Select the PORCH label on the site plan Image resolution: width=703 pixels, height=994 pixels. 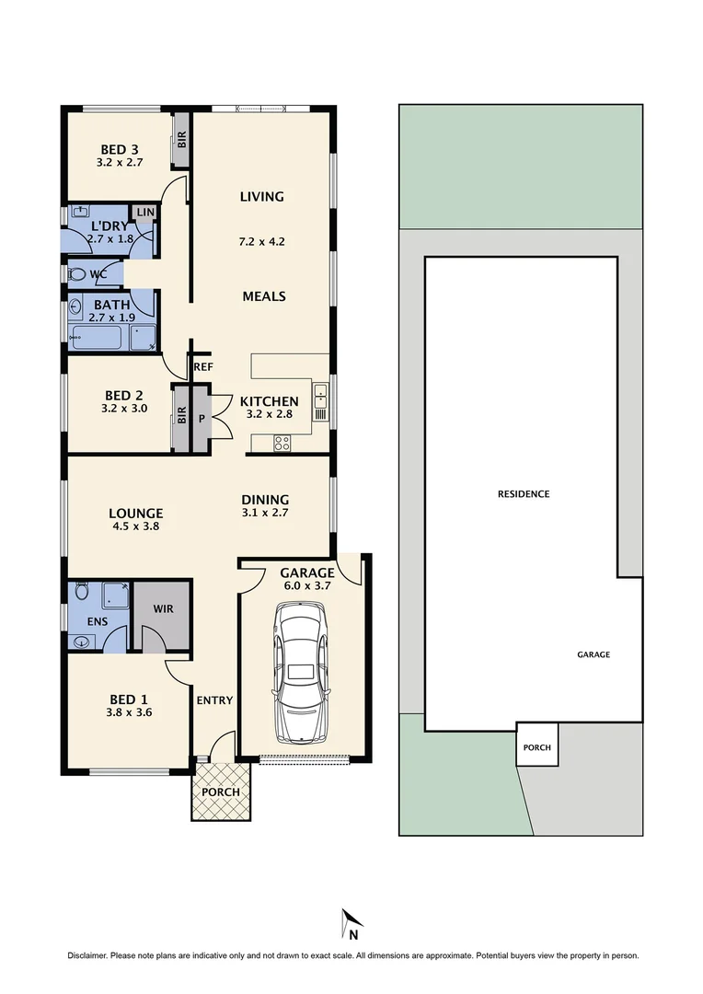pyautogui.click(x=537, y=747)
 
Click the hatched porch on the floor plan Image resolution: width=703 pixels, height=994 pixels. pyautogui.click(x=220, y=791)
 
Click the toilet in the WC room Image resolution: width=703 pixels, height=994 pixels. pyautogui.click(x=78, y=273)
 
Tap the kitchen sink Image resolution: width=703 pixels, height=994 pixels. pyautogui.click(x=320, y=399)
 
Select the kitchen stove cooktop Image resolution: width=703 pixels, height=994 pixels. pyautogui.click(x=282, y=443)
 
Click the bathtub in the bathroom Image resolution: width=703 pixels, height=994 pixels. pyautogui.click(x=96, y=336)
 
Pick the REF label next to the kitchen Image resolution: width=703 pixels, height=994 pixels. pyautogui.click(x=203, y=366)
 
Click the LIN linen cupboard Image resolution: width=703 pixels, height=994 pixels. pyautogui.click(x=145, y=213)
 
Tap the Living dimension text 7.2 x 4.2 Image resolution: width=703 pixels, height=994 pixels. pyautogui.click(x=262, y=243)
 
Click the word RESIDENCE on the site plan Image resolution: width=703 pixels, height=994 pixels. pyautogui.click(x=524, y=494)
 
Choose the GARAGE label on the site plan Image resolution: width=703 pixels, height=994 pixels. pyautogui.click(x=594, y=654)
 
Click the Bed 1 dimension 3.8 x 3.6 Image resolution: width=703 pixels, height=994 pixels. pyautogui.click(x=128, y=711)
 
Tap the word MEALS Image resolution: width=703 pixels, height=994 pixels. pyautogui.click(x=264, y=296)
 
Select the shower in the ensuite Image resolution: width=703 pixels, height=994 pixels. pyautogui.click(x=114, y=595)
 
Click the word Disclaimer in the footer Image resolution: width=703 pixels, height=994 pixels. pyautogui.click(x=87, y=955)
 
